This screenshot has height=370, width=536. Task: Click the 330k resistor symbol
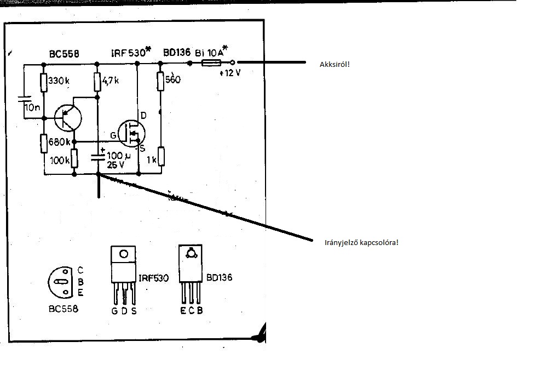(43, 82)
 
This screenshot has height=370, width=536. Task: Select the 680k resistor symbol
(43, 144)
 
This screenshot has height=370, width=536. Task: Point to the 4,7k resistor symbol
(97, 83)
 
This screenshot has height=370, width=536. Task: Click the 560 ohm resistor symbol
(160, 81)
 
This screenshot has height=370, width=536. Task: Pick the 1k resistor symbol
(160, 156)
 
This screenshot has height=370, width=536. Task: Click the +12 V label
(229, 73)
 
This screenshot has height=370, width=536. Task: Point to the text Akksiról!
(335, 65)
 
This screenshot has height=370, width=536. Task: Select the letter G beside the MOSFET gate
(113, 135)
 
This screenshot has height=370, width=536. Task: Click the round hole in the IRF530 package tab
(124, 254)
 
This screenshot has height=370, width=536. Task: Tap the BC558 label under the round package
(62, 309)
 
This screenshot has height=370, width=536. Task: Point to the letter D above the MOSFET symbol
(143, 115)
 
